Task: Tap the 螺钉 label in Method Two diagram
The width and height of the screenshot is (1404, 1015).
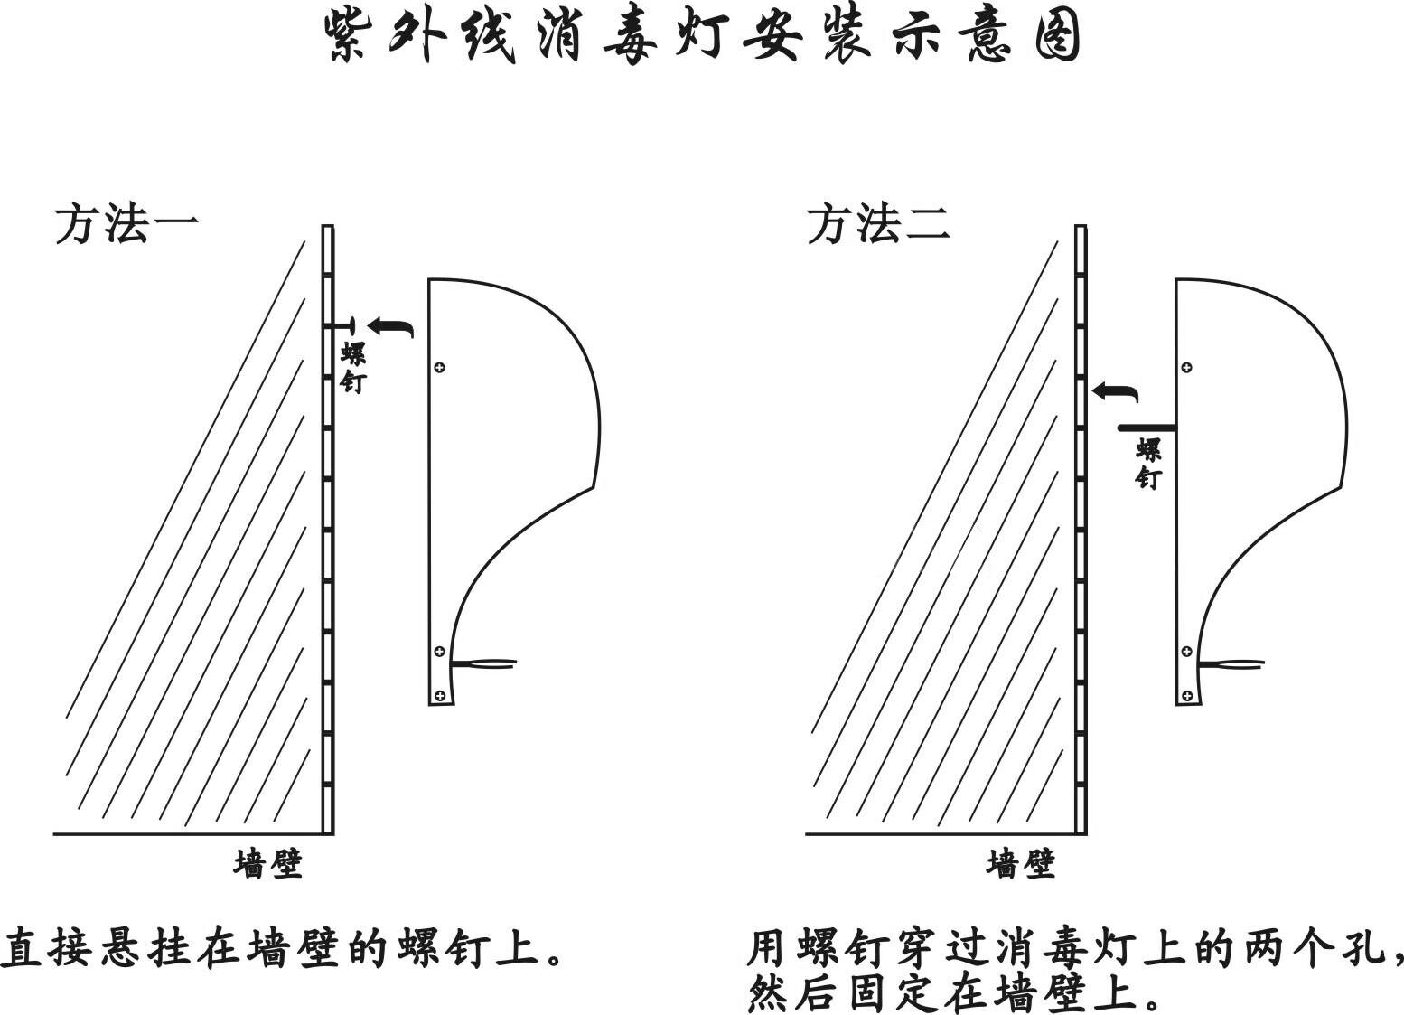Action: pos(1147,464)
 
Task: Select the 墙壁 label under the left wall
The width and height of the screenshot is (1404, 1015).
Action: pos(267,864)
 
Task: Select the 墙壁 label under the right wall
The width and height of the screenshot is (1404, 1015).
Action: pos(1020,864)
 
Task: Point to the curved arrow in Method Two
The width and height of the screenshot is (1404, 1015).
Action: pos(1114,392)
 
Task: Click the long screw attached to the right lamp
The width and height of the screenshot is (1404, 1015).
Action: pos(1147,427)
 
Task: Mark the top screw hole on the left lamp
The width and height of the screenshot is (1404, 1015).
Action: pos(439,367)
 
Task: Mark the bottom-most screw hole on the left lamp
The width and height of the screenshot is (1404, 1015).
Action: pos(440,695)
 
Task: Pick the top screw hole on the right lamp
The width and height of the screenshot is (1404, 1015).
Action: pos(1186,367)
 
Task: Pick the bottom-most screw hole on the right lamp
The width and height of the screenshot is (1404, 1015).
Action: pos(1186,695)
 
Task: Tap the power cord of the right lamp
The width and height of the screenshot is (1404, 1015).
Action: pos(1231,665)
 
